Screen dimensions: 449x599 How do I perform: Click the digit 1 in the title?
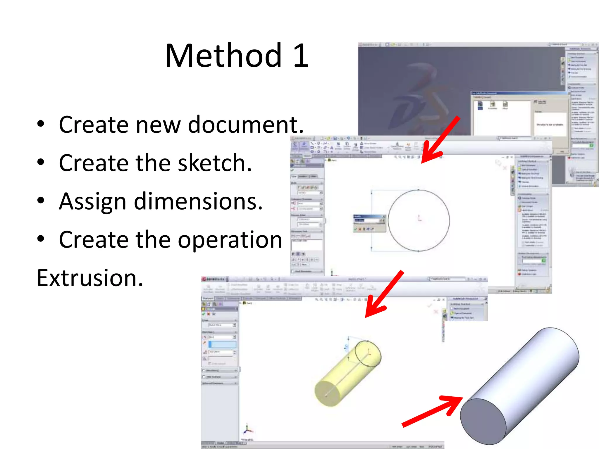coord(300,55)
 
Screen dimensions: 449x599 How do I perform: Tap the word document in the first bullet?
coord(246,125)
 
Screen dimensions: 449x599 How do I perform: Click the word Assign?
coord(92,202)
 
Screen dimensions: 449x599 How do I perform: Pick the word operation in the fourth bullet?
coord(230,240)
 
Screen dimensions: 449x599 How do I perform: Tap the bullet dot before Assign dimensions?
coord(41,201)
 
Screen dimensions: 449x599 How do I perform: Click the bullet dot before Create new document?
coord(41,124)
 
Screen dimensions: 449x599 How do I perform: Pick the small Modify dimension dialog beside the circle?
coord(369,223)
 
